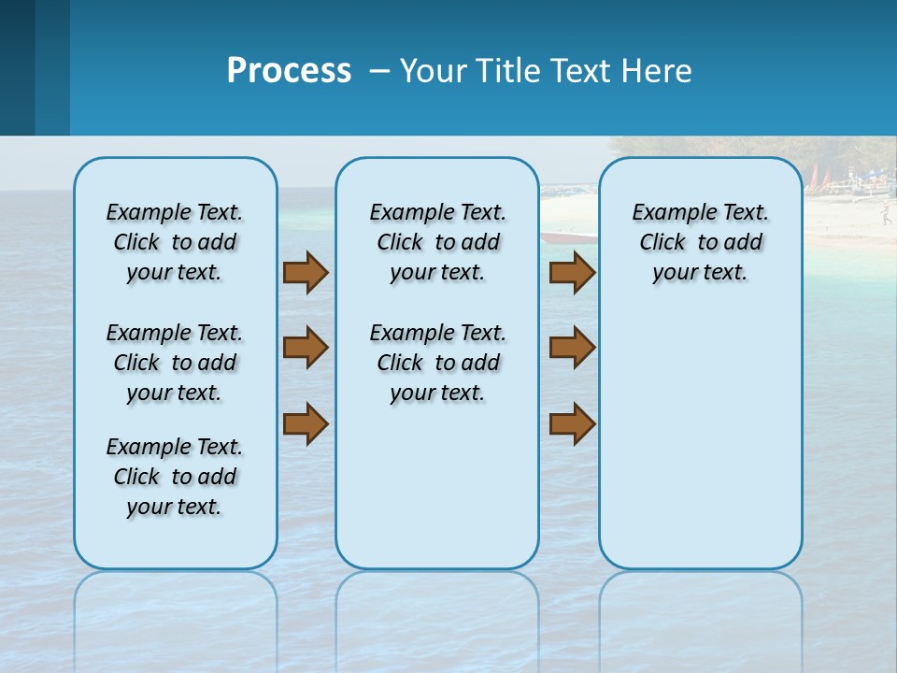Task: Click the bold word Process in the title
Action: pos(289,71)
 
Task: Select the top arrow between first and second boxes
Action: pos(305,272)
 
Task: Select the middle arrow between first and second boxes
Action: pos(305,348)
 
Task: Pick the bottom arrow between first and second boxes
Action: pos(305,423)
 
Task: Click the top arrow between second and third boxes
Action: pos(572,272)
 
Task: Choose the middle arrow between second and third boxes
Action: pos(572,348)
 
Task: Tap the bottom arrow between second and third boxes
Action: pos(572,423)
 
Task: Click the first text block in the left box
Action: pos(175,242)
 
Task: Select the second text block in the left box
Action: pos(175,363)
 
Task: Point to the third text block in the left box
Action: pos(175,477)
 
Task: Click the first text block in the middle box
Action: pos(437,242)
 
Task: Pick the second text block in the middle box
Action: pos(437,363)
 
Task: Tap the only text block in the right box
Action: pos(700,242)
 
